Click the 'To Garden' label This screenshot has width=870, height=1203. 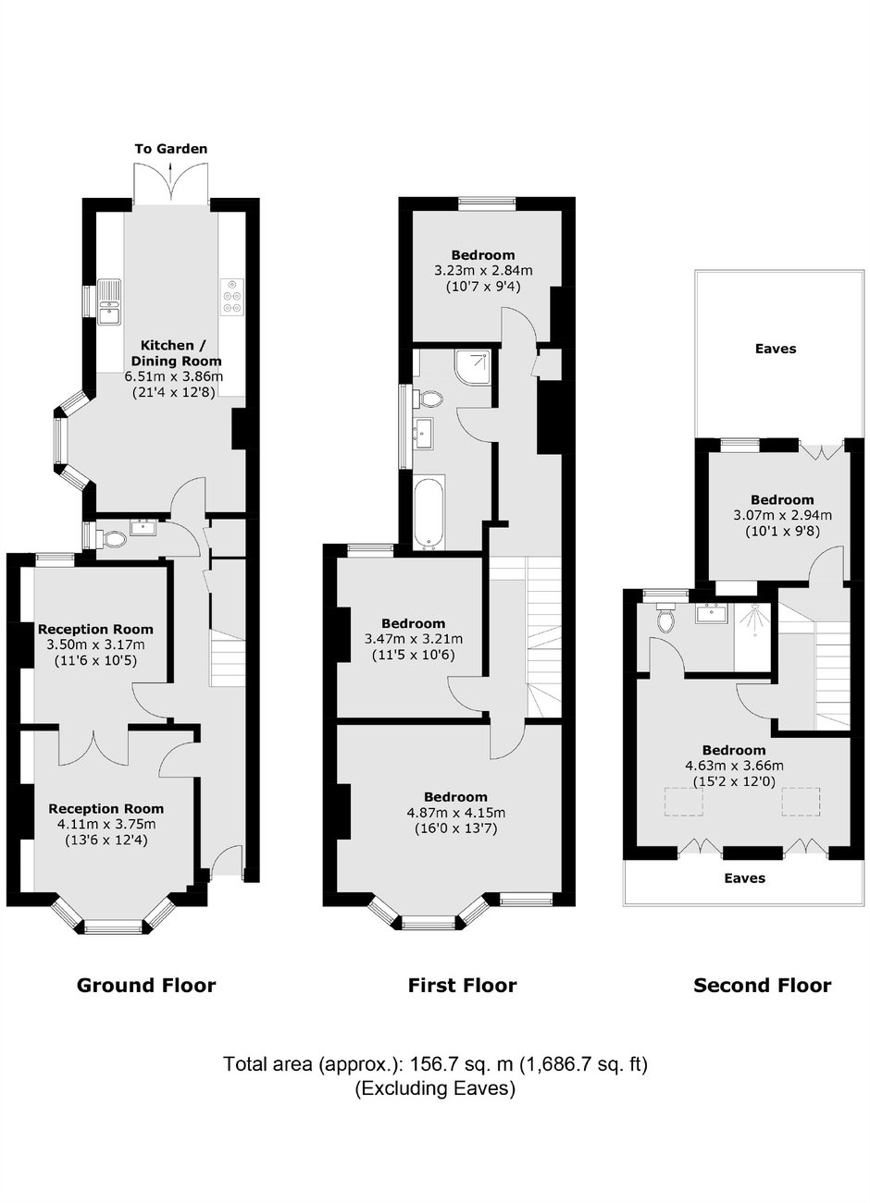[x=171, y=149]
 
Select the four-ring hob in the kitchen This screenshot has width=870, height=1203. [x=232, y=296]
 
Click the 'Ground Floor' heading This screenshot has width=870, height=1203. [x=146, y=986]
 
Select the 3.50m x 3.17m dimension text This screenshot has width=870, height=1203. [x=95, y=644]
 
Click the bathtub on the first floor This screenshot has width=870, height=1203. [x=429, y=512]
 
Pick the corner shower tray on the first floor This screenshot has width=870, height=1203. [x=473, y=366]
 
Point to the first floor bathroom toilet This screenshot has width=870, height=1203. [x=429, y=399]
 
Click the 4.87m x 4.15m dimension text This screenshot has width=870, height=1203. [x=455, y=813]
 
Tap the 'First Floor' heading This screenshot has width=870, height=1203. [x=462, y=986]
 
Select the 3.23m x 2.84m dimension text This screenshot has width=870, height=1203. [x=483, y=271]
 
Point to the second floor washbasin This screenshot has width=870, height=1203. [x=712, y=613]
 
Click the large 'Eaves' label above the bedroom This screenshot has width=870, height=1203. [x=776, y=350]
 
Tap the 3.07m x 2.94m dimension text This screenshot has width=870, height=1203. [x=782, y=516]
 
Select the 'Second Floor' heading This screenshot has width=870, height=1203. [x=763, y=986]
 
